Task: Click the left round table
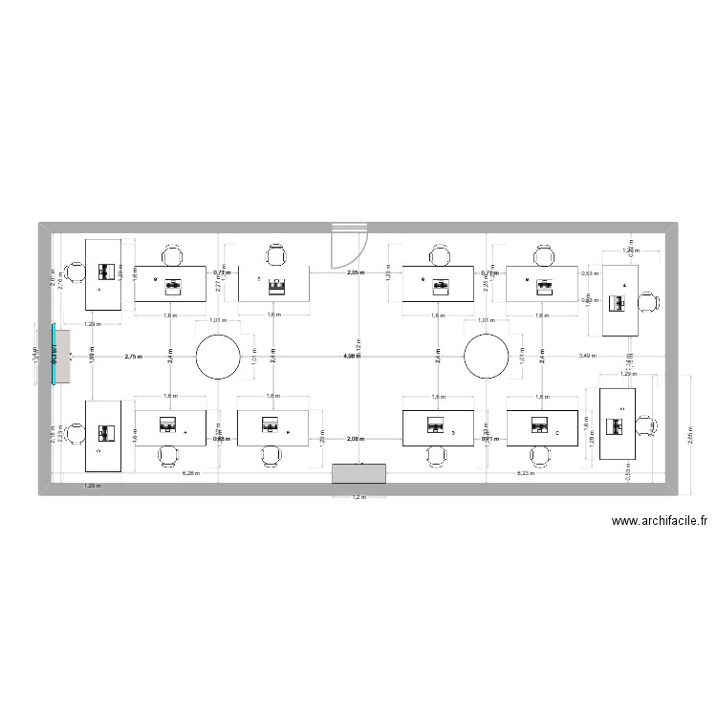(218, 357)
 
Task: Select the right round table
(487, 357)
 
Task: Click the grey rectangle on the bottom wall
(358, 474)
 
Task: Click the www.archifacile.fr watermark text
(660, 522)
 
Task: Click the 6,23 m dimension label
(525, 473)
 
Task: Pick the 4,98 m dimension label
(352, 357)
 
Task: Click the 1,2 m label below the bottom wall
(358, 497)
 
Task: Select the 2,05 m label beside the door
(356, 273)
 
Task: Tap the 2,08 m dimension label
(356, 438)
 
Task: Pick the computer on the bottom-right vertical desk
(618, 424)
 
